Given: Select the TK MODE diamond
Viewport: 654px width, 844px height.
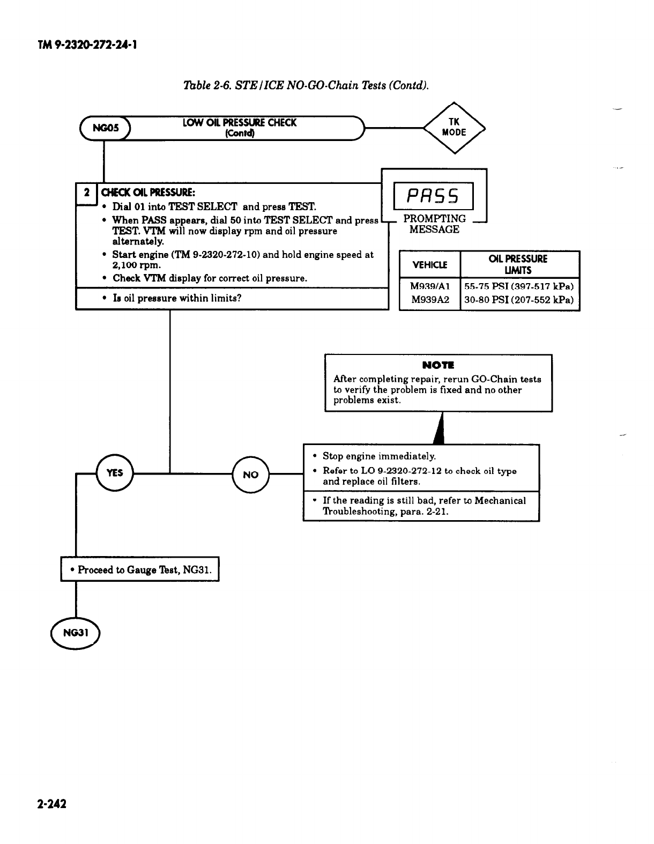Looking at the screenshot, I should pos(454,128).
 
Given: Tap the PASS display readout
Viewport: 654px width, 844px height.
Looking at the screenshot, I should pos(434,196).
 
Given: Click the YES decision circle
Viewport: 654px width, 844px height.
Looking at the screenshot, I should pos(115,473).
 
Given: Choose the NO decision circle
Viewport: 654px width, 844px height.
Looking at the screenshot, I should pos(250,475).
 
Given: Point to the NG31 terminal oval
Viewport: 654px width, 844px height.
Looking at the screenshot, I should pos(75,633).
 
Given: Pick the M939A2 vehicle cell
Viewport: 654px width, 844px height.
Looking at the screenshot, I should pos(430,300).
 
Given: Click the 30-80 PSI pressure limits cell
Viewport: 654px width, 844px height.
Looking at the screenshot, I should pos(519,300).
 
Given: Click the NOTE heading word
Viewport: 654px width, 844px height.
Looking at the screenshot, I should pos(438,365).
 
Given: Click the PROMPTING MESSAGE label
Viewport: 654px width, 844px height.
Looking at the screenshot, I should pos(434,224).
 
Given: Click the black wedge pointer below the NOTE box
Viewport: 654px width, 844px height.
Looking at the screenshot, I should pos(440,429).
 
